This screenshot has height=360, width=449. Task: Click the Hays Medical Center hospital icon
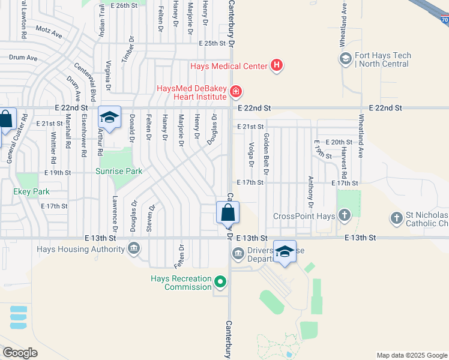pos(276,66)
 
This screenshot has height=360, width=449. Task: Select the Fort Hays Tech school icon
pos(345,59)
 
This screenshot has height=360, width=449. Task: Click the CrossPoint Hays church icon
pos(345,215)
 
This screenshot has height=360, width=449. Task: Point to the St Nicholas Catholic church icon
pos(396,218)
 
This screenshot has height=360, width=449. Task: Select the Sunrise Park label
pos(119,171)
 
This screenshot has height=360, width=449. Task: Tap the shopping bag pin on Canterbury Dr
pos(228,213)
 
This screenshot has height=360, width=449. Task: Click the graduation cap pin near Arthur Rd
pos(109,118)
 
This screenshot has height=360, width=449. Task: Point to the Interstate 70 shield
pos(445,19)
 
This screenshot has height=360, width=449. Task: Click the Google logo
pos(20,352)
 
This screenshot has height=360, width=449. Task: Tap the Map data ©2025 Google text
pos(411,355)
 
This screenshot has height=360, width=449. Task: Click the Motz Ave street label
pos(49,31)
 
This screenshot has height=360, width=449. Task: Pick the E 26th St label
pos(125,5)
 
